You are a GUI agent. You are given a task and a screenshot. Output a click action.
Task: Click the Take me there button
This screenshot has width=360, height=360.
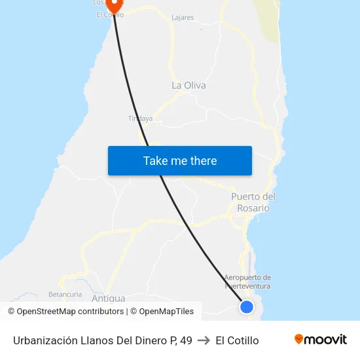pos(180,161)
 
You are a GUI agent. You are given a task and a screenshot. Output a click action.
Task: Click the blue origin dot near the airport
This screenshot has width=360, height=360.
pos(247,306)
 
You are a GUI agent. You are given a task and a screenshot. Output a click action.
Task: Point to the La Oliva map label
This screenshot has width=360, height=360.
pos(189,85)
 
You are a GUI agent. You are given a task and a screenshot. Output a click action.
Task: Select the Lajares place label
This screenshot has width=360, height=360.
pos(182,18)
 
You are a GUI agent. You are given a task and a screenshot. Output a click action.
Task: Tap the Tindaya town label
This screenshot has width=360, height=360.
pos(140,118)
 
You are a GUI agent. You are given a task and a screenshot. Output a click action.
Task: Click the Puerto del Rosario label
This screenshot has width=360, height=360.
pos(253,202)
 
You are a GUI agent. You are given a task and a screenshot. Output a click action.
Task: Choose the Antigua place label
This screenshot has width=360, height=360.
pos(109,298)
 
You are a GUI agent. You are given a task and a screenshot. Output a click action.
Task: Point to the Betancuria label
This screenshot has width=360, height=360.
pos(65,295)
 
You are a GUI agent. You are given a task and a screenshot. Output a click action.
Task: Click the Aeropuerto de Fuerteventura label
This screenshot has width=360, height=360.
pos(247,281)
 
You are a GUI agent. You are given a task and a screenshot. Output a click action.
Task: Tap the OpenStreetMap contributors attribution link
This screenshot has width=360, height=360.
pos(71,312)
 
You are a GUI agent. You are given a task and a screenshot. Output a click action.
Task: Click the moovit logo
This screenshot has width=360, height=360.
pos(321,339)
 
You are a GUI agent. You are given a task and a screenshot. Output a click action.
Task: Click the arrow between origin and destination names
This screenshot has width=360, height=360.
pos(204,340)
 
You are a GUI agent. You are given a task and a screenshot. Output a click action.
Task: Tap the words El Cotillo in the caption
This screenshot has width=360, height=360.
pos(237,340)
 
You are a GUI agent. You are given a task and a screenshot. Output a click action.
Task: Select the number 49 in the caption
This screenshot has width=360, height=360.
pos(186,340)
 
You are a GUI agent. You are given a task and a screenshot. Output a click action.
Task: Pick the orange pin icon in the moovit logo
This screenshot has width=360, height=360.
pos(299,339)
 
